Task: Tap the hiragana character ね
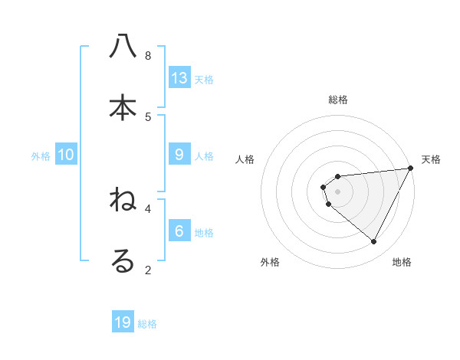click(123, 200)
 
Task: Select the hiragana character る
click(123, 261)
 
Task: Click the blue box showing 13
click(179, 77)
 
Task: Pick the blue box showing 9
click(179, 155)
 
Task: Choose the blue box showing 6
click(179, 231)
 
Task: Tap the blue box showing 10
click(66, 155)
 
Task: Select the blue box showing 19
click(123, 322)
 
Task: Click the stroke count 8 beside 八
click(148, 56)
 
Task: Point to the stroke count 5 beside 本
click(148, 117)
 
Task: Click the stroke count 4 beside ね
click(148, 208)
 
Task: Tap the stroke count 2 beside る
click(148, 270)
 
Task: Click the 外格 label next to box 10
click(41, 156)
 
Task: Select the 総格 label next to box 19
click(147, 324)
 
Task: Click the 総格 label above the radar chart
click(338, 100)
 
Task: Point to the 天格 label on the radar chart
click(431, 159)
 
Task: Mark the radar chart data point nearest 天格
click(410, 169)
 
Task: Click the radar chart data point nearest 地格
click(374, 241)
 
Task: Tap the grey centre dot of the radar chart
click(338, 191)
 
